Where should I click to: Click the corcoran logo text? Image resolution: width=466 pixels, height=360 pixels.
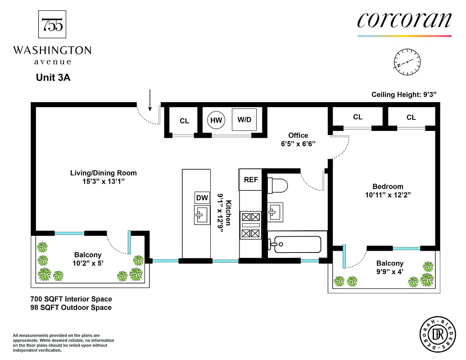pyautogui.click(x=404, y=20)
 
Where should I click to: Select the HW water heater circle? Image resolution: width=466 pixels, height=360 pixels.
pyautogui.click(x=216, y=120)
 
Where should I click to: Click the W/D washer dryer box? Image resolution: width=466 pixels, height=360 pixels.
pyautogui.click(x=244, y=120)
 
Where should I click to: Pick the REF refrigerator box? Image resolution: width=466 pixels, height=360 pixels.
pyautogui.click(x=251, y=180)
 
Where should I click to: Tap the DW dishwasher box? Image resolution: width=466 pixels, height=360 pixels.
pyautogui.click(x=202, y=198)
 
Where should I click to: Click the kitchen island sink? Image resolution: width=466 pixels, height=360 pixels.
pyautogui.click(x=202, y=215)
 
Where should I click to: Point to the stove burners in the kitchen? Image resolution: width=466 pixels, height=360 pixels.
pyautogui.click(x=251, y=225)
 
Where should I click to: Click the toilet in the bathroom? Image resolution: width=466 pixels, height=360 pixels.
pyautogui.click(x=277, y=185)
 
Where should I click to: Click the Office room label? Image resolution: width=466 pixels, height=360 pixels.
pyautogui.click(x=298, y=135)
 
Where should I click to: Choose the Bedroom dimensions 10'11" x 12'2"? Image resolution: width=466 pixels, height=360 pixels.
pyautogui.click(x=388, y=195)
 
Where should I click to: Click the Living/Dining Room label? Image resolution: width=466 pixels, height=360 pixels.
pyautogui.click(x=103, y=173)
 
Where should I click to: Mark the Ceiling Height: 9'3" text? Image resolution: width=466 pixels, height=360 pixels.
pyautogui.click(x=404, y=94)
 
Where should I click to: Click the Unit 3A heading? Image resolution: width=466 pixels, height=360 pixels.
pyautogui.click(x=53, y=77)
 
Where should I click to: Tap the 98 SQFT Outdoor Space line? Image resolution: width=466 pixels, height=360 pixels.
pyautogui.click(x=71, y=307)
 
